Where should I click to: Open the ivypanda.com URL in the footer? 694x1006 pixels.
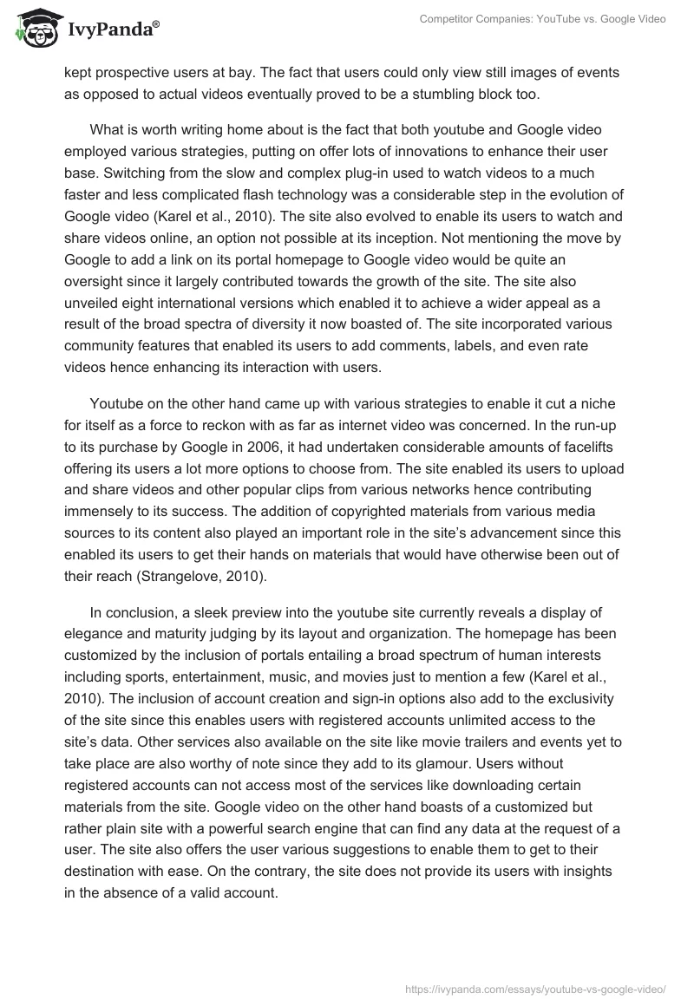[535, 988]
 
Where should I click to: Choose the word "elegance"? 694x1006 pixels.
[97, 637]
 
